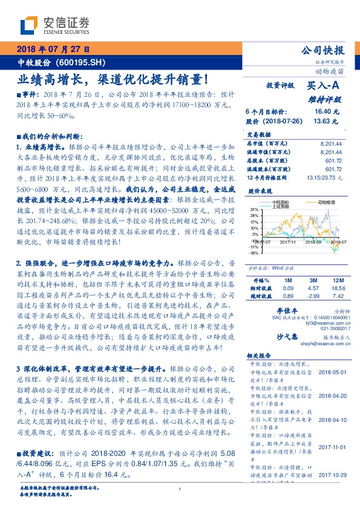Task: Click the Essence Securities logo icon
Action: click(x=31, y=25)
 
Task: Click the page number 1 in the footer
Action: click(x=180, y=490)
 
